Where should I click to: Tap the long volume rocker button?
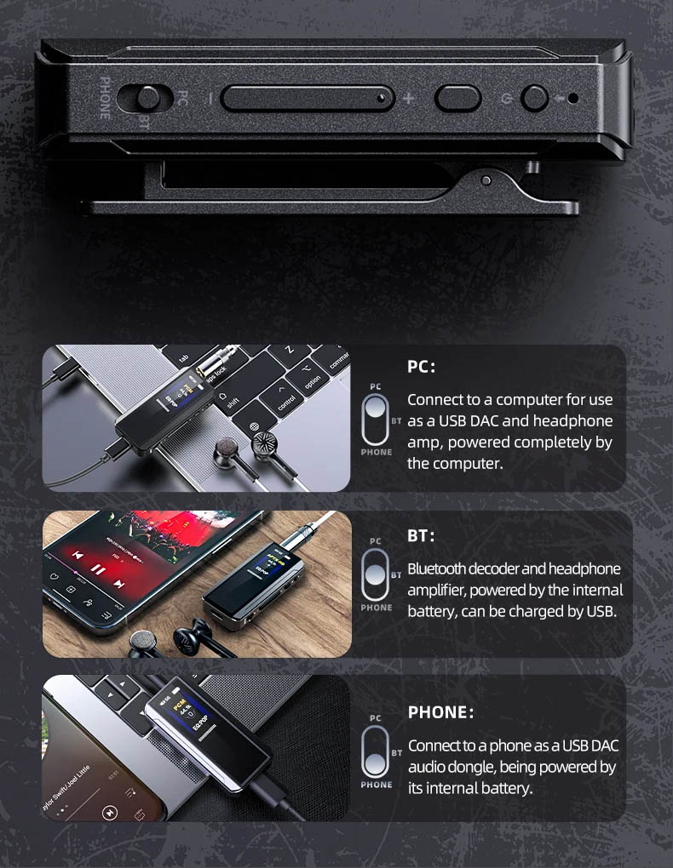coord(308,98)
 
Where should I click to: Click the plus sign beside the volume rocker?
coord(408,98)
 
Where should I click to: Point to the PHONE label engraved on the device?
coord(104,98)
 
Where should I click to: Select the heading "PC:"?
coord(421,368)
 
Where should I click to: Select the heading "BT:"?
coord(421,536)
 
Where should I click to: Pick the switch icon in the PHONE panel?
coord(376,751)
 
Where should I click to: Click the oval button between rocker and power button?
coord(458,98)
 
